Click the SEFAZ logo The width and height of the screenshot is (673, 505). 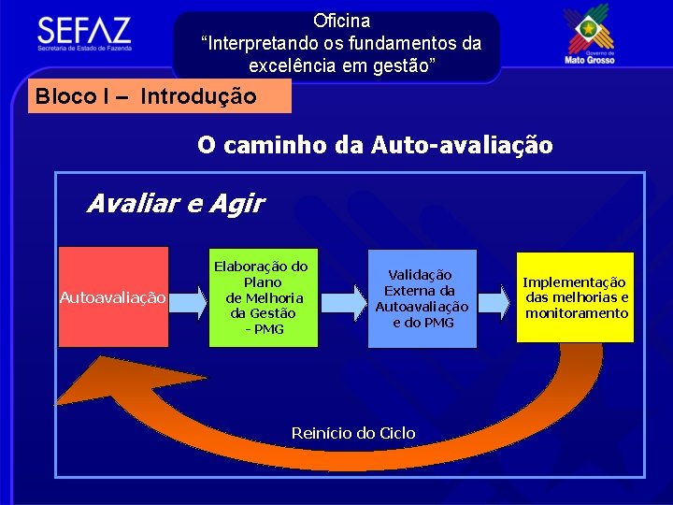click(84, 33)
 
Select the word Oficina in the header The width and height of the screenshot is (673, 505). click(341, 21)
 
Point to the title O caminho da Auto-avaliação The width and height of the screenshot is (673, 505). click(374, 145)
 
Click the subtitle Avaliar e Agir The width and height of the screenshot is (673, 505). click(175, 203)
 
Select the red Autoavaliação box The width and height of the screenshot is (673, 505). click(113, 297)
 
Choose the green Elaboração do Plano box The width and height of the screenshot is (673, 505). click(261, 297)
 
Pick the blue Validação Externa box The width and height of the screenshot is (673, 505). click(422, 298)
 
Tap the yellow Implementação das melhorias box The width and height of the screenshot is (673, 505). click(576, 297)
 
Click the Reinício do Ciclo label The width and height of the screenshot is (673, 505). click(353, 433)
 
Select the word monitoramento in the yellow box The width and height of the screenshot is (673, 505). click(577, 313)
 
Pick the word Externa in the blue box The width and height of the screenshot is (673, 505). click(422, 290)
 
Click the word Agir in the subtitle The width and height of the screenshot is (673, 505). click(242, 203)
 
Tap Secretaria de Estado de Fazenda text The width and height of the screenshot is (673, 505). click(85, 47)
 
